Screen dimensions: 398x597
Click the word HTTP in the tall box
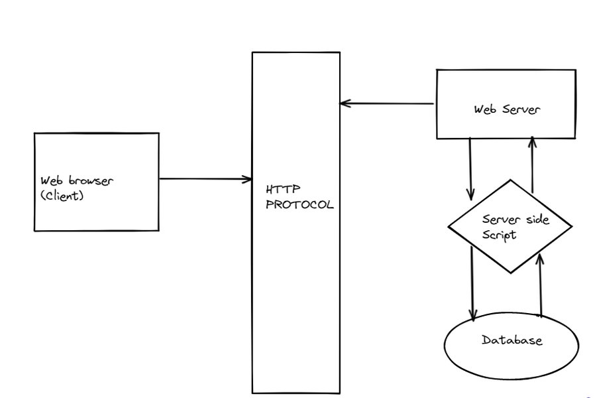pos(278,191)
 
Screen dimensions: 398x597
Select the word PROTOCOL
pos(299,205)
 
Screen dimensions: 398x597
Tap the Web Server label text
pos(506,109)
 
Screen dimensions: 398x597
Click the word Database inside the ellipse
pos(512,340)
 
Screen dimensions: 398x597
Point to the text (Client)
pos(63,196)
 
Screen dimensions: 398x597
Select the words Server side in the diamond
pos(516,220)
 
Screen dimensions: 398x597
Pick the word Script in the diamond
pos(499,234)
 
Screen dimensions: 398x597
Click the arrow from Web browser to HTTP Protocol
pos(205,178)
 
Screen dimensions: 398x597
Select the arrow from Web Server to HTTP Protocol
pos(388,103)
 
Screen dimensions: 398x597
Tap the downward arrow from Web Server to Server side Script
pos(470,169)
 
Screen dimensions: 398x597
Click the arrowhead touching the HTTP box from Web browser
pos(248,178)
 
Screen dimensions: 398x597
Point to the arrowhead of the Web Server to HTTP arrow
pos(343,103)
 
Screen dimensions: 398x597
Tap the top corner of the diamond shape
pos(510,180)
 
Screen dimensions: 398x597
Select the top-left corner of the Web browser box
pos(34,133)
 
